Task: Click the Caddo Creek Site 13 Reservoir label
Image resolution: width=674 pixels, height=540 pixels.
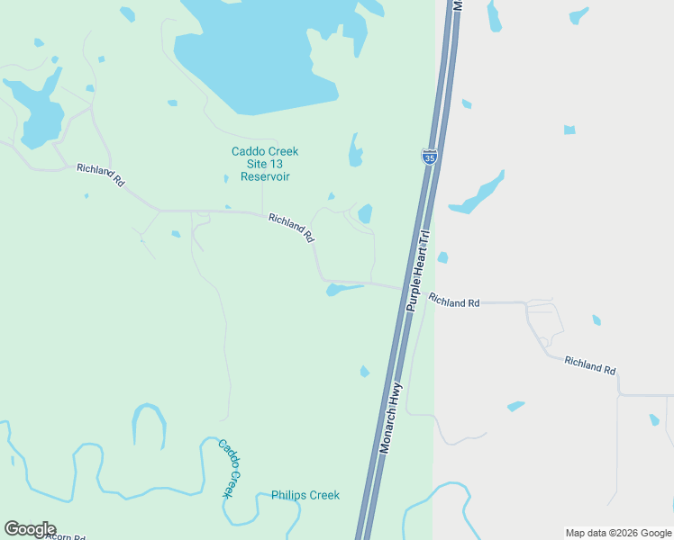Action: tap(264, 164)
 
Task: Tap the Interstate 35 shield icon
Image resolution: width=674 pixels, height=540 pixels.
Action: tap(430, 156)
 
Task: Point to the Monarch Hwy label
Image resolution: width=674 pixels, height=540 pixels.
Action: tap(391, 420)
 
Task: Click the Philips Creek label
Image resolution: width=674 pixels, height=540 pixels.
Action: tap(305, 495)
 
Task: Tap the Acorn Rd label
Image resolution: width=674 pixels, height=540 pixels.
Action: tap(63, 536)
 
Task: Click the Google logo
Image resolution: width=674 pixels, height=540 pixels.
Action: tap(30, 529)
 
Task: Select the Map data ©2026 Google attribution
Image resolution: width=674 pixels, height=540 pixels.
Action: tap(618, 533)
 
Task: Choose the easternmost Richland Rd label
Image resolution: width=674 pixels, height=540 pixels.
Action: tap(590, 364)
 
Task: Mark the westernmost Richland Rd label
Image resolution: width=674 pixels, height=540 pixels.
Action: tap(100, 174)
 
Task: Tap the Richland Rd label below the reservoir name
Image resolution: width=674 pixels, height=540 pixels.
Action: tap(291, 228)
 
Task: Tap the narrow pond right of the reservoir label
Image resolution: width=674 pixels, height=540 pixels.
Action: tap(355, 151)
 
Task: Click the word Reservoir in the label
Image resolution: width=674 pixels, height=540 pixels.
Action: tap(264, 177)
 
